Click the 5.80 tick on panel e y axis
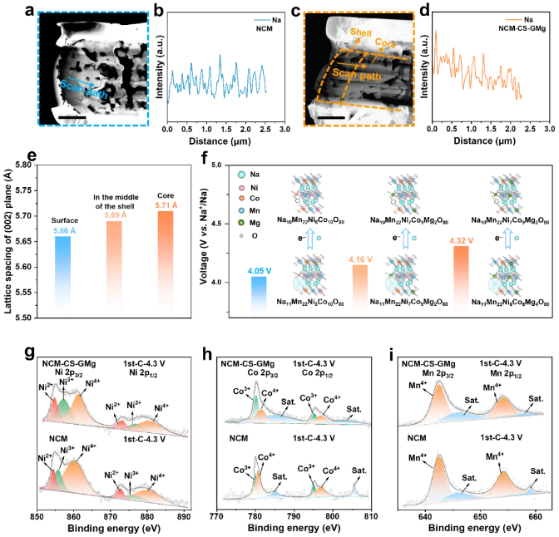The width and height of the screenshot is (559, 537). click(27, 165)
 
